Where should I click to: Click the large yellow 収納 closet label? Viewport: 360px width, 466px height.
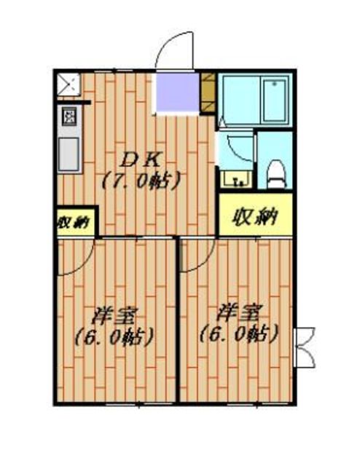(256, 217)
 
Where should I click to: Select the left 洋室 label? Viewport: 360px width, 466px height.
(115, 317)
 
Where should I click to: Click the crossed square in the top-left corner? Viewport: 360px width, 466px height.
(70, 85)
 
